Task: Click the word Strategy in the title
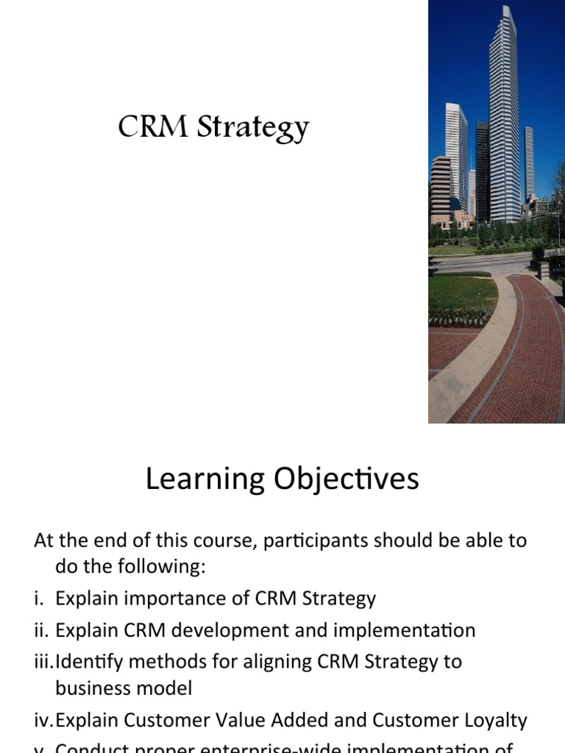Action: click(x=252, y=129)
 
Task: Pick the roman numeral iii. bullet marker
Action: click(x=43, y=661)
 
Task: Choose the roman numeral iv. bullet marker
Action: click(x=43, y=720)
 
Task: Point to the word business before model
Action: click(x=95, y=689)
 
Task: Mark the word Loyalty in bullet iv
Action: click(x=493, y=721)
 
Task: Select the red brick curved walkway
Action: click(x=515, y=353)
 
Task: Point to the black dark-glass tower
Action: click(x=482, y=169)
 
